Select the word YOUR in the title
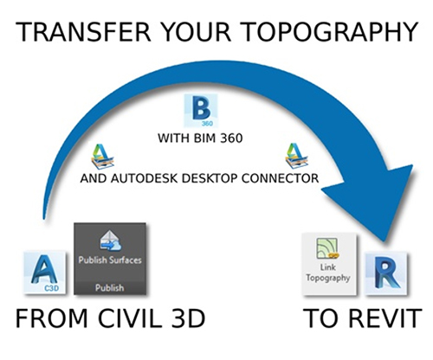[x=201, y=34]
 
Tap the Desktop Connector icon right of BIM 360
[x=294, y=156]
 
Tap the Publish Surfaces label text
[x=109, y=260]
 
